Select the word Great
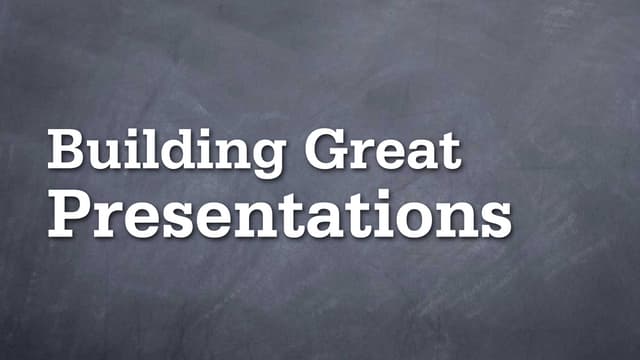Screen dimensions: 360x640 [384, 150]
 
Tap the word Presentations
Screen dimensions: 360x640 [280, 216]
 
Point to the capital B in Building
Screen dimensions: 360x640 [66, 150]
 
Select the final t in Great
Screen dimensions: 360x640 [450, 151]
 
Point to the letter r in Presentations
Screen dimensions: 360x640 [108, 219]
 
